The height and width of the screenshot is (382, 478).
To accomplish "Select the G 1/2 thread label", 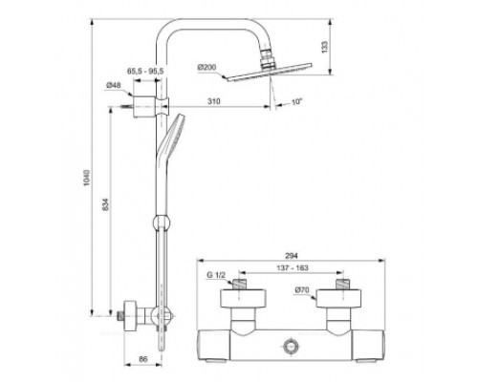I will (x=216, y=277).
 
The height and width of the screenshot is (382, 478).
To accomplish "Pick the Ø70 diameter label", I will (x=302, y=289).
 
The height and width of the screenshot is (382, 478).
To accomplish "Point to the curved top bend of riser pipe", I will (x=172, y=29).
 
